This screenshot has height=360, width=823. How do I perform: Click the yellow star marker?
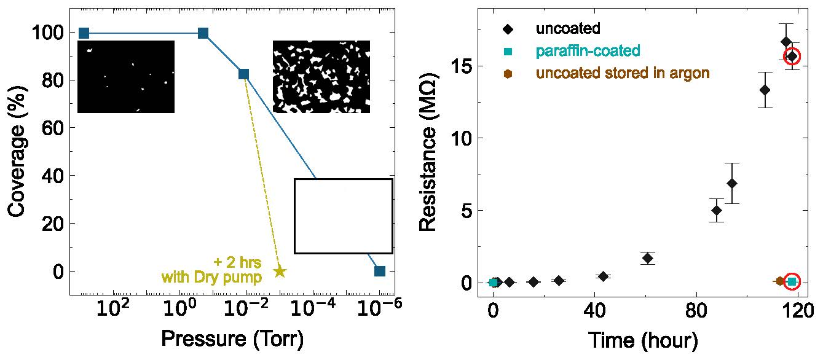tap(280, 271)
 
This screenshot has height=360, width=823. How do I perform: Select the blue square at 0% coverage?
tap(380, 271)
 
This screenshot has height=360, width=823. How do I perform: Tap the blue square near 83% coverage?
tap(243, 74)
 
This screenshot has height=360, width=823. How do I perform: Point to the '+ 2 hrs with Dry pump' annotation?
tap(212, 270)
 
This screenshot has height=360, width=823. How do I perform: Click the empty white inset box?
tap(343, 216)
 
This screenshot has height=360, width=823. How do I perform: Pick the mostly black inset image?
tap(126, 77)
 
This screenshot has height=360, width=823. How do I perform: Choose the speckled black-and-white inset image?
tap(321, 77)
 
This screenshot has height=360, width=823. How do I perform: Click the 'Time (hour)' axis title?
tap(643, 339)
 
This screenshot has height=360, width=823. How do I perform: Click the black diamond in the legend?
tap(508, 28)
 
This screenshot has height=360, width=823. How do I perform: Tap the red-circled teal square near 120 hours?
tap(792, 281)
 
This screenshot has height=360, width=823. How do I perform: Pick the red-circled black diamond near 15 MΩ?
tap(792, 57)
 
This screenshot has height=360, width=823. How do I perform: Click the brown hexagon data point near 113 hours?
tap(780, 281)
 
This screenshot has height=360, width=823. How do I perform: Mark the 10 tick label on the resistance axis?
tap(462, 138)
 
